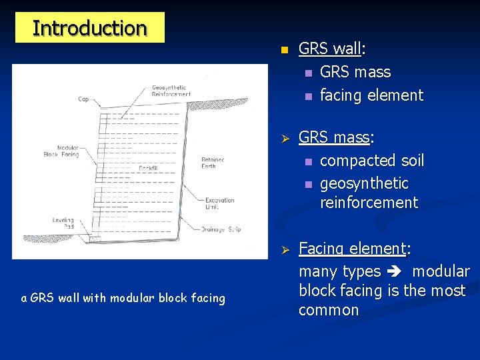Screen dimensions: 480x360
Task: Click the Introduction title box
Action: tap(89, 28)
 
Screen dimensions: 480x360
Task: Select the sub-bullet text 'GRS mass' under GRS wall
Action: tap(355, 72)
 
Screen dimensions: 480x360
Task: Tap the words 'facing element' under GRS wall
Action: tap(371, 95)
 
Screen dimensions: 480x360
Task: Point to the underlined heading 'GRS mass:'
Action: tap(336, 138)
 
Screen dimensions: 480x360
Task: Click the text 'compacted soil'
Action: tap(372, 161)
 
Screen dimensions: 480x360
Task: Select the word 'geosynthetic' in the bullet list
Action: tap(364, 183)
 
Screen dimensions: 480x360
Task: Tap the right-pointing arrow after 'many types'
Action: tap(396, 272)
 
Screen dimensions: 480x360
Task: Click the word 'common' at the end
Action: tap(329, 310)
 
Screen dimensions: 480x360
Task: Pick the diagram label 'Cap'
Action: tap(83, 99)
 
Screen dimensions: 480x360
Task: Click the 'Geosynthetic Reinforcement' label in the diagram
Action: tap(171, 91)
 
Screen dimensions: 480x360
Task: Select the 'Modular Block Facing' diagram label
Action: tap(68, 151)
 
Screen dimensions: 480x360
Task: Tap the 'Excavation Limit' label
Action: tap(219, 203)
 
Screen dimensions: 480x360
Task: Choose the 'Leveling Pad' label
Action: tap(63, 223)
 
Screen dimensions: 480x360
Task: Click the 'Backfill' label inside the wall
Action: tap(148, 169)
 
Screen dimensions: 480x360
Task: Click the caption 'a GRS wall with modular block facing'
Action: tap(123, 298)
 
